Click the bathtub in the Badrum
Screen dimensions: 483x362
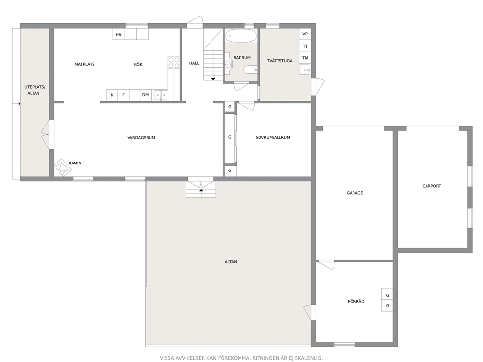pos(241,36)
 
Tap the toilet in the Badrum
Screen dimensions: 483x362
pos(250,70)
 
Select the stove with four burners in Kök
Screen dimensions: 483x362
pos(174,62)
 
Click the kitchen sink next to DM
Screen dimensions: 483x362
pos(161,95)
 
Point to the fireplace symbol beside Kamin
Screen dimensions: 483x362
pos(62,167)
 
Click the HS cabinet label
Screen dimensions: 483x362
pos(119,35)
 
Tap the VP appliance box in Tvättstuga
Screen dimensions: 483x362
pos(305,34)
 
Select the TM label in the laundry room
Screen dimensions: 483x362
pos(305,58)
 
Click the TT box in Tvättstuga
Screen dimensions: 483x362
pos(305,46)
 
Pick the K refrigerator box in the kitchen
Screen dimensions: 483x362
pos(112,95)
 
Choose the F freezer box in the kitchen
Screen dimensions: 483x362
pos(124,95)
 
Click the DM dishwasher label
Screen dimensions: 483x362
pos(146,95)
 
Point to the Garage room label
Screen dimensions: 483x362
pos(354,193)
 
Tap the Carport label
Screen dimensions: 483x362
pos(431,186)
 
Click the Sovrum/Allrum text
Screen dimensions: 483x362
pos(273,137)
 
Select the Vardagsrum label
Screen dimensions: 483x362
pos(141,138)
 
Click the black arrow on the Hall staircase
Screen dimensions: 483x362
pos(213,79)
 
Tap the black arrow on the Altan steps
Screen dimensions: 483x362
pos(201,190)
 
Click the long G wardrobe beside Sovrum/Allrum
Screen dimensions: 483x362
pos(230,139)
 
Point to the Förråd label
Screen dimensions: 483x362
pos(356,301)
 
